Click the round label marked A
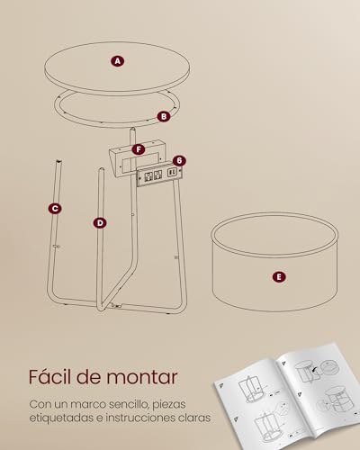(116, 61)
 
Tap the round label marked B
(163, 115)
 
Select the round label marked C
(56, 208)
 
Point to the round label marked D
(99, 221)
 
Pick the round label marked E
(278, 277)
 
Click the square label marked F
(138, 148)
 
